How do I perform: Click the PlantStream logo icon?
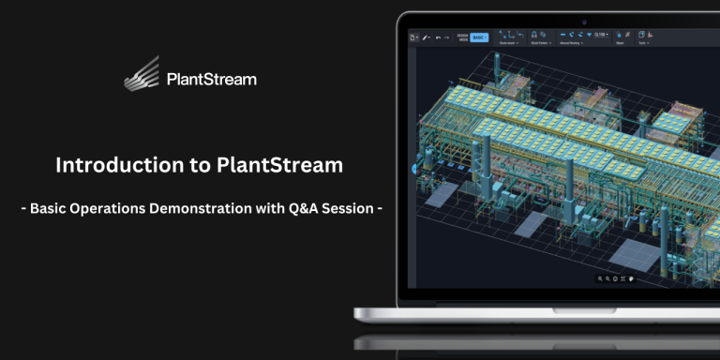pyautogui.click(x=143, y=74)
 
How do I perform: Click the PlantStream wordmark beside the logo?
pyautogui.click(x=210, y=80)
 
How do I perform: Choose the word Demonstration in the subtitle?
pyautogui.click(x=212, y=208)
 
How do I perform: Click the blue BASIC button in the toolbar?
pyautogui.click(x=480, y=37)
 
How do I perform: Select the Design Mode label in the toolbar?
pyautogui.click(x=462, y=37)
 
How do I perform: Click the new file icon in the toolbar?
pyautogui.click(x=413, y=37)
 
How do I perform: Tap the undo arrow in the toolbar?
pyautogui.click(x=438, y=37)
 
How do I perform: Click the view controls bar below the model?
pyautogui.click(x=615, y=278)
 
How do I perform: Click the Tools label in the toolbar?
pyautogui.click(x=643, y=43)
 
